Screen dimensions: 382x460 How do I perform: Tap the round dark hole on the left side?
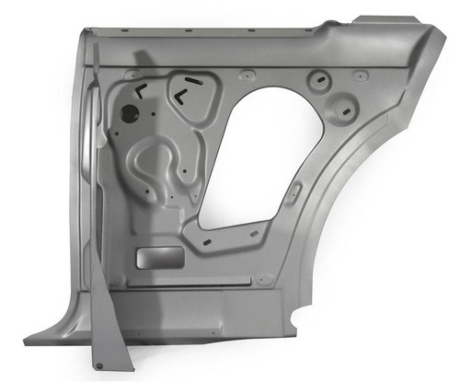tap(130, 113)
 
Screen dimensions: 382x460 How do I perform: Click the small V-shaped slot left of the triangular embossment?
tap(140, 90)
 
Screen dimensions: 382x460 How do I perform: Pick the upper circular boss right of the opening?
tap(319, 79)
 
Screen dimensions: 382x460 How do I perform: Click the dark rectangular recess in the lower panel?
tap(153, 258)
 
